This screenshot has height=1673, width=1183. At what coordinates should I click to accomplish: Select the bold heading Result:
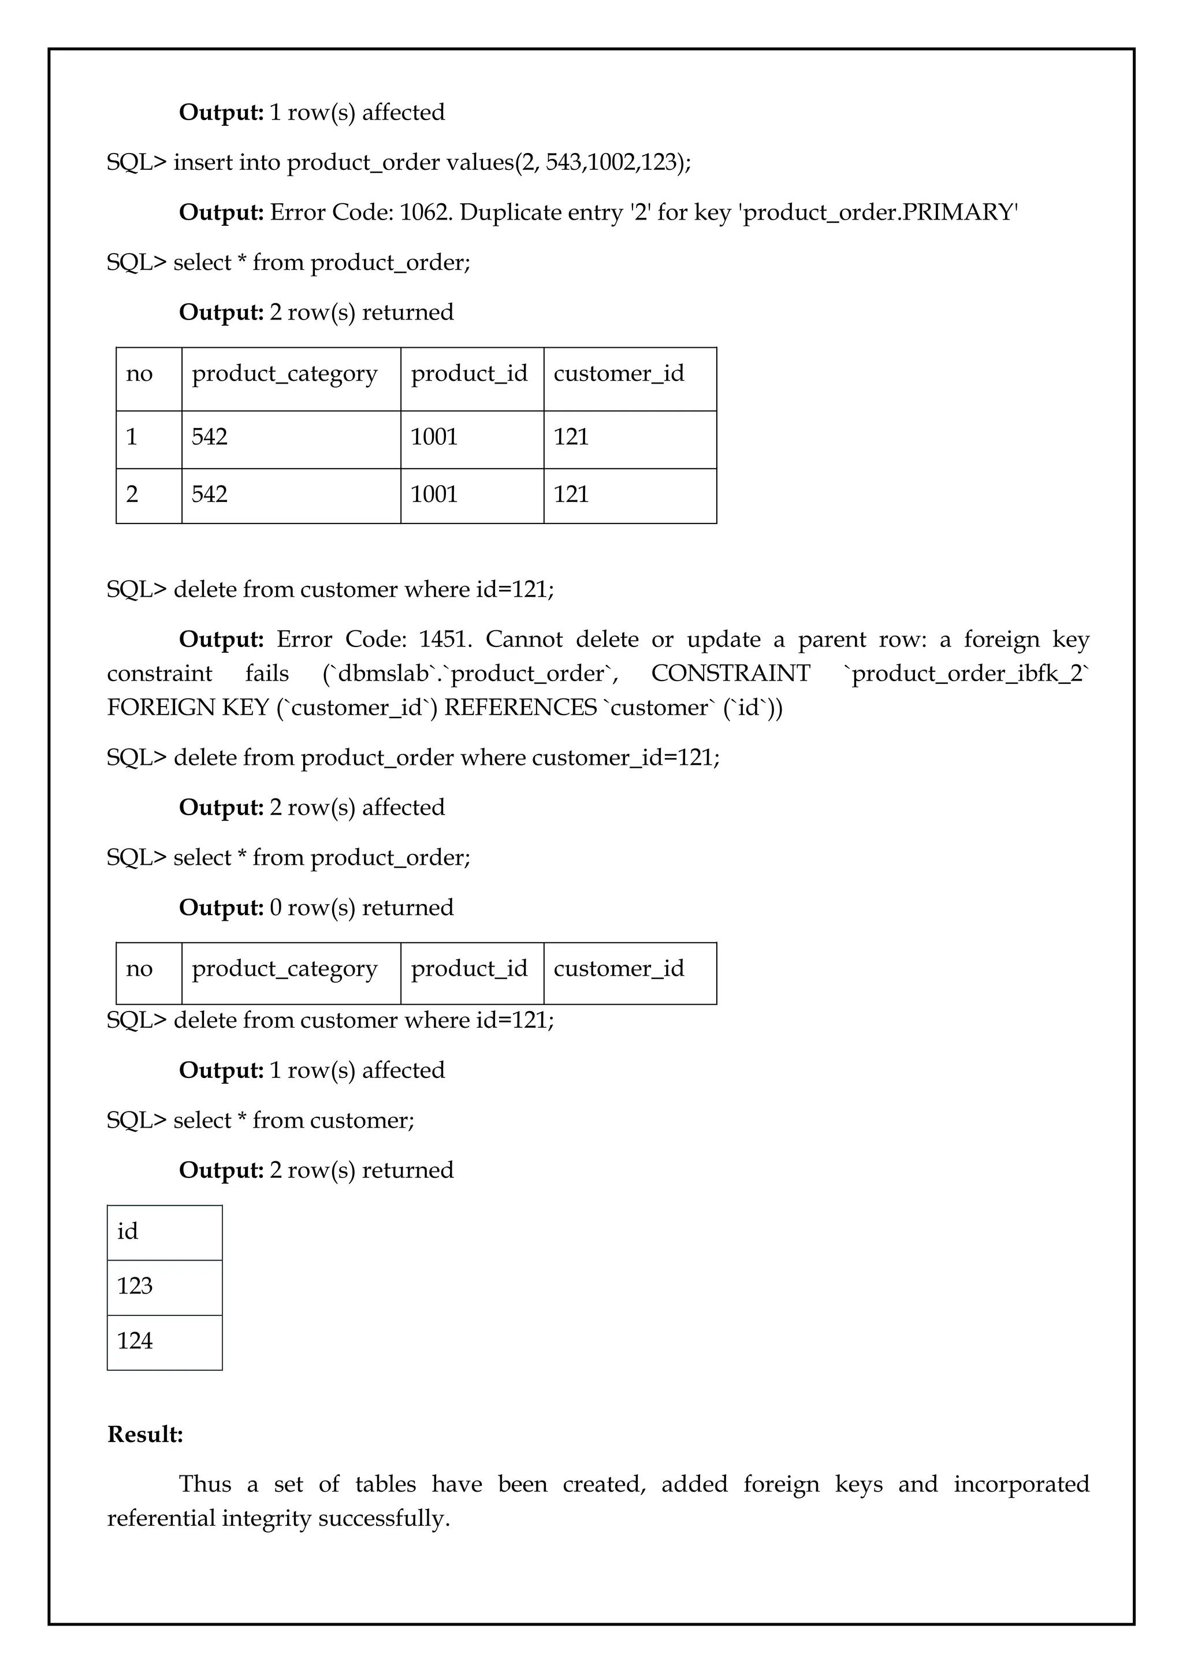[145, 1434]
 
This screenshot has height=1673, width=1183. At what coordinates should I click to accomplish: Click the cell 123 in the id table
[136, 1286]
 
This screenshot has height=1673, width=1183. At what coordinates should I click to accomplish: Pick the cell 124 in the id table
[136, 1341]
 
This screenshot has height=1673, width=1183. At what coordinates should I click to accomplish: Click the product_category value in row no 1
[210, 437]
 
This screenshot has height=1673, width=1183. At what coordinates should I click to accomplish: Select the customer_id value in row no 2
[571, 495]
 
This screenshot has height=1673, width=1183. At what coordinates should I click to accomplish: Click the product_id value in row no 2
[434, 495]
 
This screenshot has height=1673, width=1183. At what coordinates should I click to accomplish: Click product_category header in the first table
[285, 374]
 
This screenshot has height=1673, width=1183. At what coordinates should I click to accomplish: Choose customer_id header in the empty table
[619, 968]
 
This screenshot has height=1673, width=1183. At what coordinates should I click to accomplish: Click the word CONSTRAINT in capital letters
[730, 673]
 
